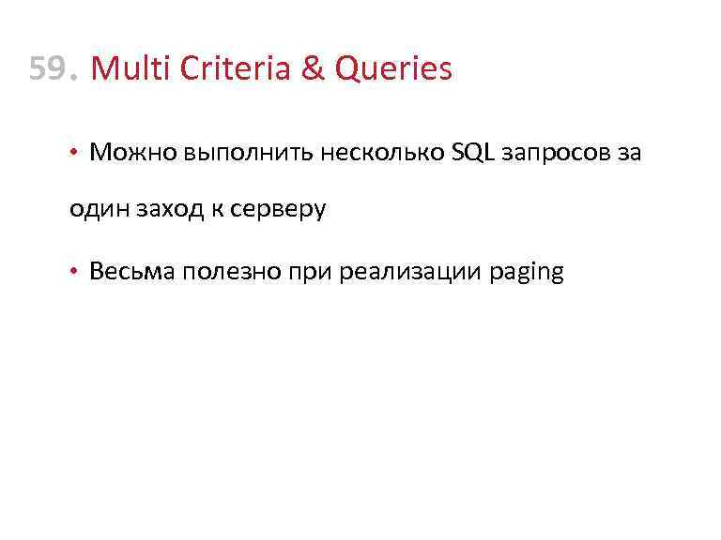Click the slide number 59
pyautogui.click(x=50, y=68)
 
